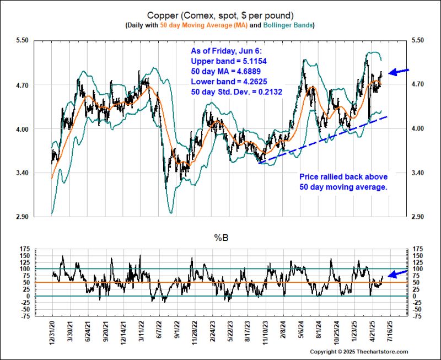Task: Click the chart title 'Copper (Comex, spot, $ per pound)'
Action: tap(220, 14)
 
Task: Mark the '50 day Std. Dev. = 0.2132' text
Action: tap(236, 92)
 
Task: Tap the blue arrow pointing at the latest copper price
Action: tap(399, 71)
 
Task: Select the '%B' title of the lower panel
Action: tap(220, 238)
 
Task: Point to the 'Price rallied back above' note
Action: tap(343, 177)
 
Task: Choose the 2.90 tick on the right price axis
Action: tap(415, 217)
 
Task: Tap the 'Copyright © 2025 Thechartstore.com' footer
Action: tap(359, 351)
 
